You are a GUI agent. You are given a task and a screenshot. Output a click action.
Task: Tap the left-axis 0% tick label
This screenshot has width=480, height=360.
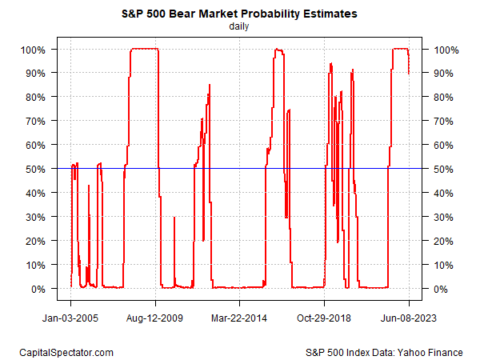(41, 289)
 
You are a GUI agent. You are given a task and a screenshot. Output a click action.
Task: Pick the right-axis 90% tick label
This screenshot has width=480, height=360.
(442, 74)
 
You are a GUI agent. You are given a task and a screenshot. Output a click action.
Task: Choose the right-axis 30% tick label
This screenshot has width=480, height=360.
(442, 217)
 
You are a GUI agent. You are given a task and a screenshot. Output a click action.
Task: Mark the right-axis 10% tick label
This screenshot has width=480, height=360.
(442, 265)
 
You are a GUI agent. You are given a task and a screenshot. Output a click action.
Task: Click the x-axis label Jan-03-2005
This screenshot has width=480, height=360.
(70, 317)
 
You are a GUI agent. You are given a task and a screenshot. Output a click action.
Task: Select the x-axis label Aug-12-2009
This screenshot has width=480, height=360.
(155, 317)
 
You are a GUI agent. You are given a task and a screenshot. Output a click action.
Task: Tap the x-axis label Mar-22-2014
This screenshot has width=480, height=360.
(240, 317)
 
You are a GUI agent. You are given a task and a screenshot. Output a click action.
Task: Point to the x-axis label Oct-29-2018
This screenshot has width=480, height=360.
(325, 317)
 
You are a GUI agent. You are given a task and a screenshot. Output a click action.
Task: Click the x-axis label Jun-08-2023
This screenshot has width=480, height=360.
(410, 317)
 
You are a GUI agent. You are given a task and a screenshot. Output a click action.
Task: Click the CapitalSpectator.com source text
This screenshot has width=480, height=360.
(66, 352)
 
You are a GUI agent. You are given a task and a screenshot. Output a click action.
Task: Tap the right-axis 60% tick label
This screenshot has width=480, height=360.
(442, 146)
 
